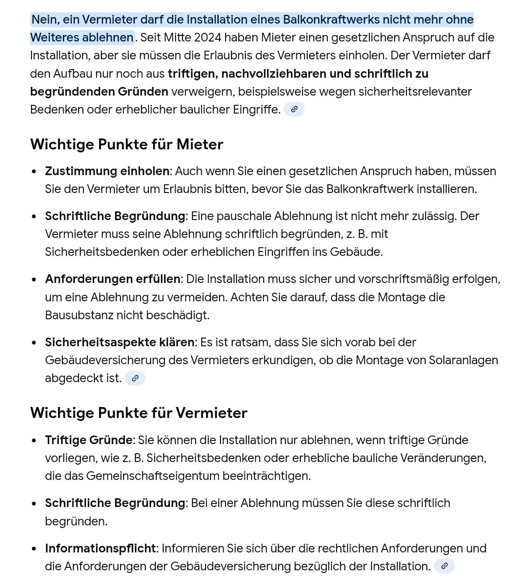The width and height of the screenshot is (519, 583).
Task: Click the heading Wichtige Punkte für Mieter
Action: (x=127, y=144)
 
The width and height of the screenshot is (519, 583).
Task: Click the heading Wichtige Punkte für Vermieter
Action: (x=139, y=413)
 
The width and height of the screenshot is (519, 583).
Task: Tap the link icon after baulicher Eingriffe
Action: (x=294, y=109)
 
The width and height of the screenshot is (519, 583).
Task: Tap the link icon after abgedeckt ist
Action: (x=135, y=378)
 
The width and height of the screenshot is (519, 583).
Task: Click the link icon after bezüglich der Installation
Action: (x=444, y=566)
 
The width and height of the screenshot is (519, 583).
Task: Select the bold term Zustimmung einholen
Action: (x=107, y=171)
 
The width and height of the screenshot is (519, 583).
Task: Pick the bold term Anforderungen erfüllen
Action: (x=113, y=279)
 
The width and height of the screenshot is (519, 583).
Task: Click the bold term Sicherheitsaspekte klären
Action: (x=120, y=342)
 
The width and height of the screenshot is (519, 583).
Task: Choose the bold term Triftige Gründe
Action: (x=89, y=440)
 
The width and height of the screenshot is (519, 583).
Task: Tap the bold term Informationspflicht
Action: (x=100, y=548)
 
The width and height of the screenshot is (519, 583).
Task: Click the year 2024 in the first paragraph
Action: (x=208, y=38)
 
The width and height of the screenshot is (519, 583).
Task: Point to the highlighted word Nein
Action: (x=45, y=20)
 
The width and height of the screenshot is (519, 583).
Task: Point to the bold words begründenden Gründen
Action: (x=99, y=91)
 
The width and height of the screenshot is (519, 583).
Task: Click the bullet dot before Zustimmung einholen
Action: (x=34, y=172)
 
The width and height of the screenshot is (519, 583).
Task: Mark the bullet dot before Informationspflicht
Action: (x=34, y=549)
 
